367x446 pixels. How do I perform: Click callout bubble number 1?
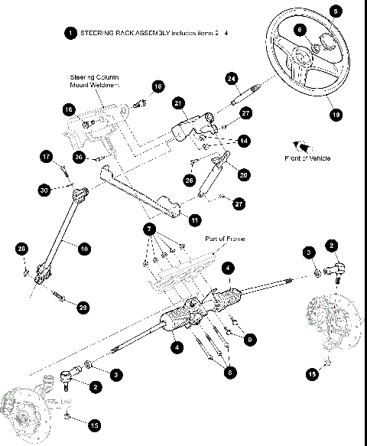tap(70, 34)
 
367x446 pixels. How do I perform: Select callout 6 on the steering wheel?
tap(300, 29)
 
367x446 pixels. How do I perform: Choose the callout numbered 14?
tap(243, 142)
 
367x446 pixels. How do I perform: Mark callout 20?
tap(244, 174)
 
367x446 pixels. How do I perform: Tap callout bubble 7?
tap(151, 229)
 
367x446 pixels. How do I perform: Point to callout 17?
tap(45, 158)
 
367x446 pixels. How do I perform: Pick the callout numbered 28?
tap(21, 249)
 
